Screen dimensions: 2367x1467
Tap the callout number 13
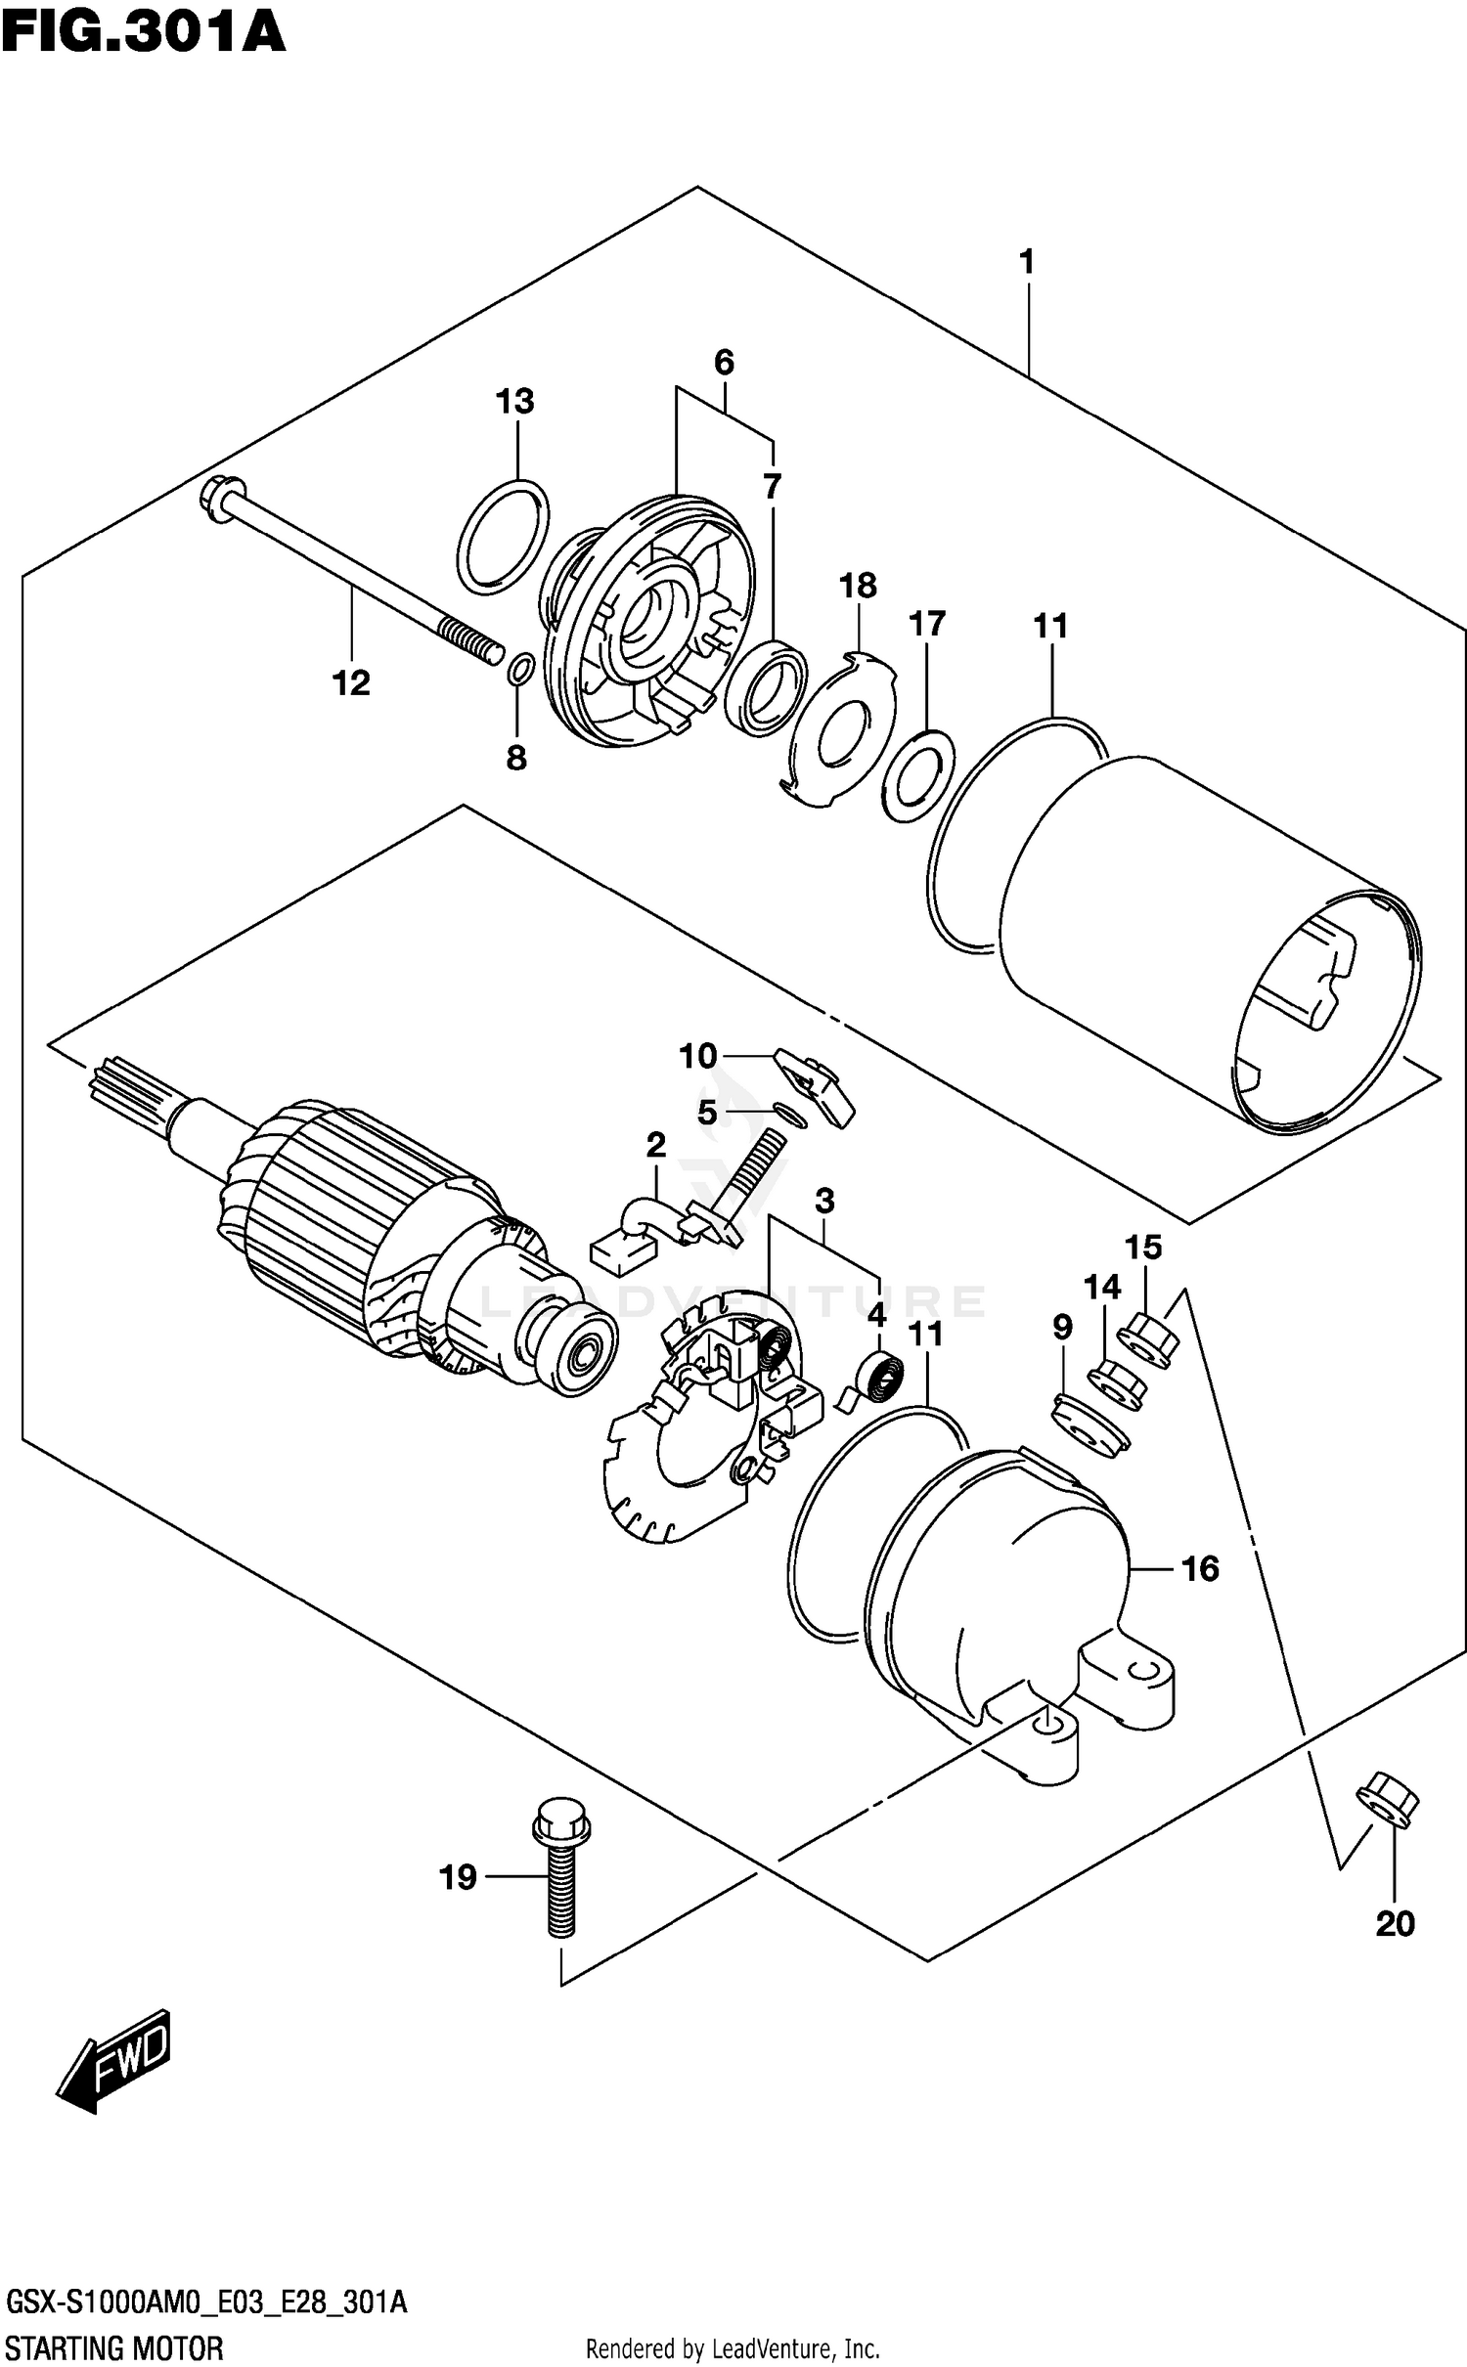(x=514, y=402)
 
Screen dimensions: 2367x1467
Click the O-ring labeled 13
(x=503, y=537)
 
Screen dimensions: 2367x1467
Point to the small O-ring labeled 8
(x=521, y=670)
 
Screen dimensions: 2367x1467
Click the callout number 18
(x=858, y=587)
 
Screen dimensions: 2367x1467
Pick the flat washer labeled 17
(x=917, y=775)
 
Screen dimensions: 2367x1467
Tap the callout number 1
(x=1026, y=262)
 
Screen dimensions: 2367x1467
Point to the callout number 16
(x=1200, y=1569)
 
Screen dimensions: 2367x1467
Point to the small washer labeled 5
(x=788, y=1114)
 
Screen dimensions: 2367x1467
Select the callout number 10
(x=697, y=1056)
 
